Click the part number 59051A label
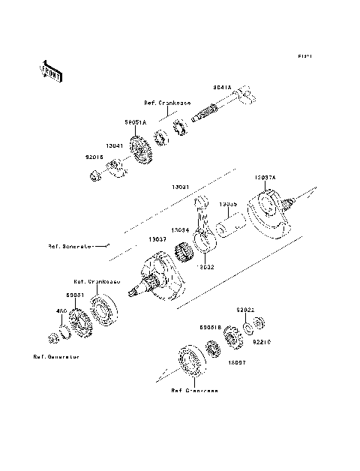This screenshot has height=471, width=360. (136, 121)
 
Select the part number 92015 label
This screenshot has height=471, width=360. (94, 158)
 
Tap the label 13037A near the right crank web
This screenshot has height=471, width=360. (265, 177)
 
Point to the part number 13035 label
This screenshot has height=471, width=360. (229, 203)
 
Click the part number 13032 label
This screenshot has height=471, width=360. (205, 265)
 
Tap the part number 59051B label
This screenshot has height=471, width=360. (209, 328)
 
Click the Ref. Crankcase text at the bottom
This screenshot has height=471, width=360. (194, 391)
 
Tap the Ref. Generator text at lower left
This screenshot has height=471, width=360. (56, 357)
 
